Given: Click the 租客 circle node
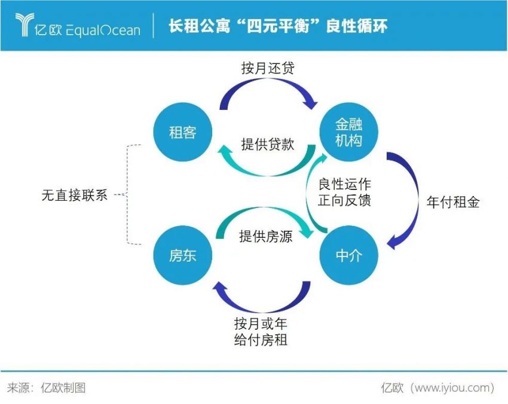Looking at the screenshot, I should point(182,132).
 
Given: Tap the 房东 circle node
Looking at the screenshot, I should point(182,256).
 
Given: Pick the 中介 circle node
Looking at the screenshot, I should point(348,256).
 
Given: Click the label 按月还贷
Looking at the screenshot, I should point(268,68).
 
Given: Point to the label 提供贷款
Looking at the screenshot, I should point(268,144).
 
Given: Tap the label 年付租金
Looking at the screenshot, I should point(453,202).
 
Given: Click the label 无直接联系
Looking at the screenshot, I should point(75,195).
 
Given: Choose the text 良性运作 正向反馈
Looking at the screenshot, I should point(344,192).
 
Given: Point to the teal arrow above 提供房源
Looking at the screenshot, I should point(263,218).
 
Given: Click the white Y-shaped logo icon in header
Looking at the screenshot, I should point(26,25).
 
